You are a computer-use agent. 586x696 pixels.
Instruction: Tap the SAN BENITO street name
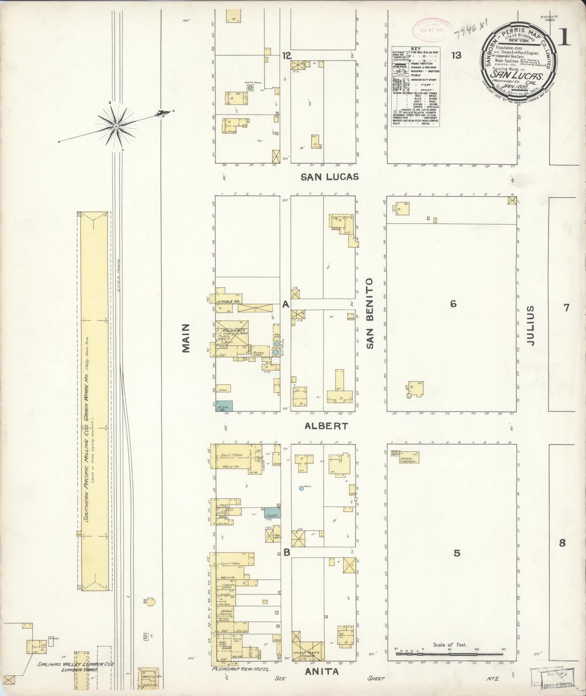369,313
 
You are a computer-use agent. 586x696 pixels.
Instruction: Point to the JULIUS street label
531,326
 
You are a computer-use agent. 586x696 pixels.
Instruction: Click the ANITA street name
322,672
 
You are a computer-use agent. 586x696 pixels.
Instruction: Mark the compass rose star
117,127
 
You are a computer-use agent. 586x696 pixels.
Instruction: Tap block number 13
456,55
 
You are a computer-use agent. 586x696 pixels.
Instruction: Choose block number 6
453,303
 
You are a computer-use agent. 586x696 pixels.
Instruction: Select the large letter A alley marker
285,304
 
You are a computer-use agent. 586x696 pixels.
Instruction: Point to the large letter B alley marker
286,552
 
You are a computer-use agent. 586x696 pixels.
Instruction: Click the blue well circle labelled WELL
301,488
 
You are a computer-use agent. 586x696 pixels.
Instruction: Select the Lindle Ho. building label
229,301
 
